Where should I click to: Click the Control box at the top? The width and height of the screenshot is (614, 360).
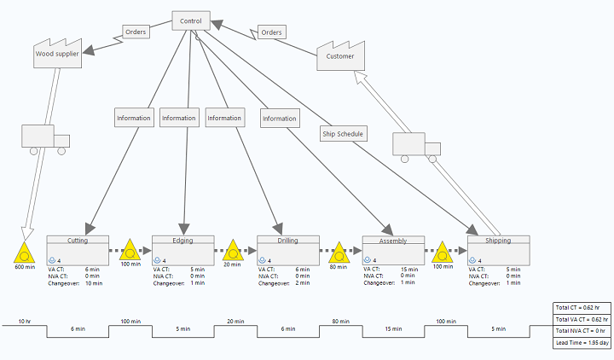click(191, 20)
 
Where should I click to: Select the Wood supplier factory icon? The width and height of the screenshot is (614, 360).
click(55, 53)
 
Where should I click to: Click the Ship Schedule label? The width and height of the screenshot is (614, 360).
click(343, 133)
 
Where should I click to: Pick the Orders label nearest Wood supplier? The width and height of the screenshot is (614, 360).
click(136, 32)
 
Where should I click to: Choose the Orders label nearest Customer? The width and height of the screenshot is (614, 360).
click(271, 32)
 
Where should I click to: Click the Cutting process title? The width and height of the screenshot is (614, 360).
click(78, 241)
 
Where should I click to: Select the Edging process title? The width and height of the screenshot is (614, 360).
click(182, 241)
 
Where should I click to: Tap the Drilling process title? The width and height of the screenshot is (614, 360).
click(287, 241)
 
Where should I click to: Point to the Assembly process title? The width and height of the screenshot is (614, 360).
click(393, 241)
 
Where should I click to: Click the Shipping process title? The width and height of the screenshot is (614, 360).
click(498, 241)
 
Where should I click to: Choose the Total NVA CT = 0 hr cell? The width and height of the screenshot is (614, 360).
click(580, 329)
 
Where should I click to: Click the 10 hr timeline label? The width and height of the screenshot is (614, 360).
click(25, 322)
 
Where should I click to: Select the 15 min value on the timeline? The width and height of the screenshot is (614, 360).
click(393, 328)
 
